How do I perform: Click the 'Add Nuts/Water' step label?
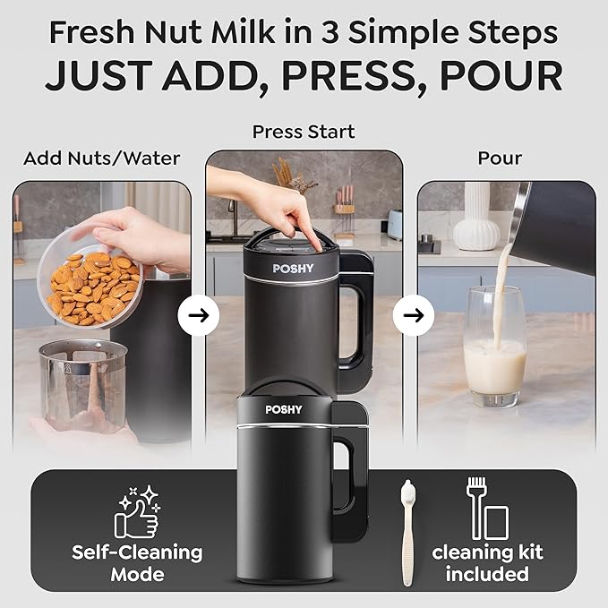101,158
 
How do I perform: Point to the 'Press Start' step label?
304,132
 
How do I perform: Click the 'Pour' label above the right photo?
500,158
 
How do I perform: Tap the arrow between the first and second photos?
198,315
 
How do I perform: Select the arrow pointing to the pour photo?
413,315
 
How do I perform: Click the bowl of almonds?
90,287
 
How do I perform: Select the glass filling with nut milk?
494,349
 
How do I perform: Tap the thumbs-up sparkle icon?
137,511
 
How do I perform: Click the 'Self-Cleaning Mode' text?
137,562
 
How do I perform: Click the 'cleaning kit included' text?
488,562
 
